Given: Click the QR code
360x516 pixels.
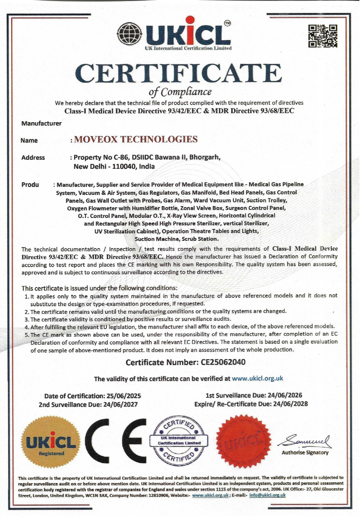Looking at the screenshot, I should click(x=323, y=36).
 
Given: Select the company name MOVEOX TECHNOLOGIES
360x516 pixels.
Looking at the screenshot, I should click(x=136, y=139).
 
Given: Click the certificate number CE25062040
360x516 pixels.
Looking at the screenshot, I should click(x=223, y=362).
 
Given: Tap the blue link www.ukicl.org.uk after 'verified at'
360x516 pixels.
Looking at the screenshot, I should click(x=258, y=378).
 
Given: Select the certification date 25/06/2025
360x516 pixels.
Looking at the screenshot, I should click(x=124, y=396).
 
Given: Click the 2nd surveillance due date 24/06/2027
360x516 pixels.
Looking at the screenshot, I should click(x=120, y=404).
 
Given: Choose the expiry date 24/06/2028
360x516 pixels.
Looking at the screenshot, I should click(x=290, y=404).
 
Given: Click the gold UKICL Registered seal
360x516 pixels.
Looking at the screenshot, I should click(x=51, y=444).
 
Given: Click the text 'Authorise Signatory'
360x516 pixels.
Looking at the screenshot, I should click(x=305, y=453).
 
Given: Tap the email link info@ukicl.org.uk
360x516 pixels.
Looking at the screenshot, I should click(x=267, y=495).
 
